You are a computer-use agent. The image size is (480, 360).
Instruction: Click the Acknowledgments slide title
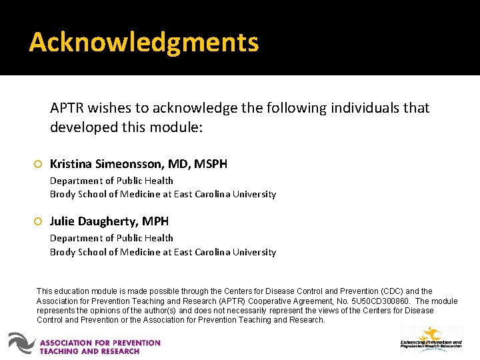point(143,42)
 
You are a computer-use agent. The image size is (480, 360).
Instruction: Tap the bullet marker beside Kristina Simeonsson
point(38,164)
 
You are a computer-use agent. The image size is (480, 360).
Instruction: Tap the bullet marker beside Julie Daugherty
point(38,221)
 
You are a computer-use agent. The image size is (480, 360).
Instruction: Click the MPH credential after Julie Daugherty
point(155,221)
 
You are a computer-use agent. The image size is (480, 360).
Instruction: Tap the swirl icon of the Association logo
point(21,343)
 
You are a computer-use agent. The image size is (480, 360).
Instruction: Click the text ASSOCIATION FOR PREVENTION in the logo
point(100,343)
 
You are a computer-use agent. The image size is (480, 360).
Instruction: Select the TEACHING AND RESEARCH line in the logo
point(89,351)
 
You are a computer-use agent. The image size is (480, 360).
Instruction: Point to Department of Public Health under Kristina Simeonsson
point(111,181)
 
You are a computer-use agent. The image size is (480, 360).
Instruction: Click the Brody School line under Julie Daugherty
point(163,252)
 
